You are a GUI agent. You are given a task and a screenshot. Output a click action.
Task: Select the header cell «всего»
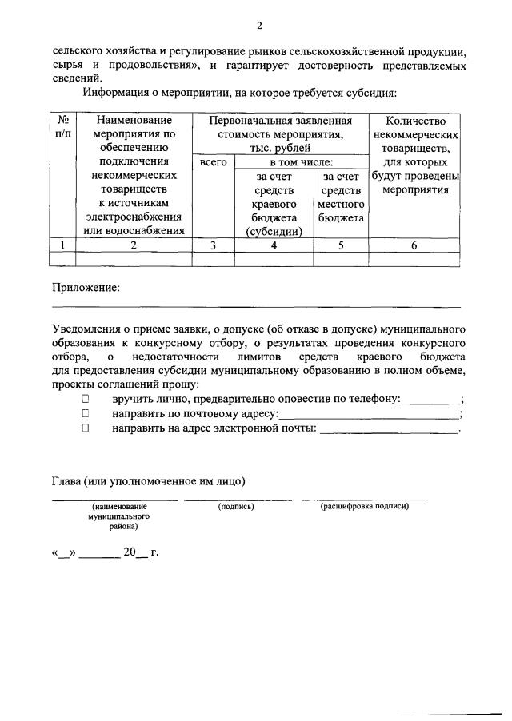[214, 162]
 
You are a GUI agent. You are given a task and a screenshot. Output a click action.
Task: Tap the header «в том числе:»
[301, 162]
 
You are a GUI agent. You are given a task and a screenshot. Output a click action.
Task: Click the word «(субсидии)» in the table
[274, 232]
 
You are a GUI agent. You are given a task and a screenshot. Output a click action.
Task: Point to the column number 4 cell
[274, 245]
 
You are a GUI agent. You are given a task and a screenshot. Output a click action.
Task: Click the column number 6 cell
[414, 245]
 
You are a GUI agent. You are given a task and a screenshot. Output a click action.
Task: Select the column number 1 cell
[62, 245]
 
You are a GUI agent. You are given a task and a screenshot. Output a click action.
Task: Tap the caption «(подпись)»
[236, 507]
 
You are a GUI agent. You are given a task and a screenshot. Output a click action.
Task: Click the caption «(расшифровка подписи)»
[364, 507]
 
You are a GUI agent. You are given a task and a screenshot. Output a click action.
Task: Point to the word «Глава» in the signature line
[66, 480]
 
